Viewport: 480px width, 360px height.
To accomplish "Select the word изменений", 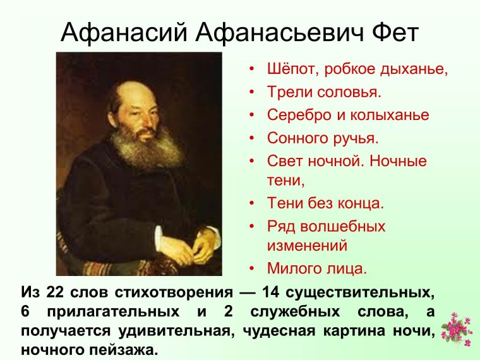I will (307, 244).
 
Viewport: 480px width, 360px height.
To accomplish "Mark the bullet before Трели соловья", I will (251, 93).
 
